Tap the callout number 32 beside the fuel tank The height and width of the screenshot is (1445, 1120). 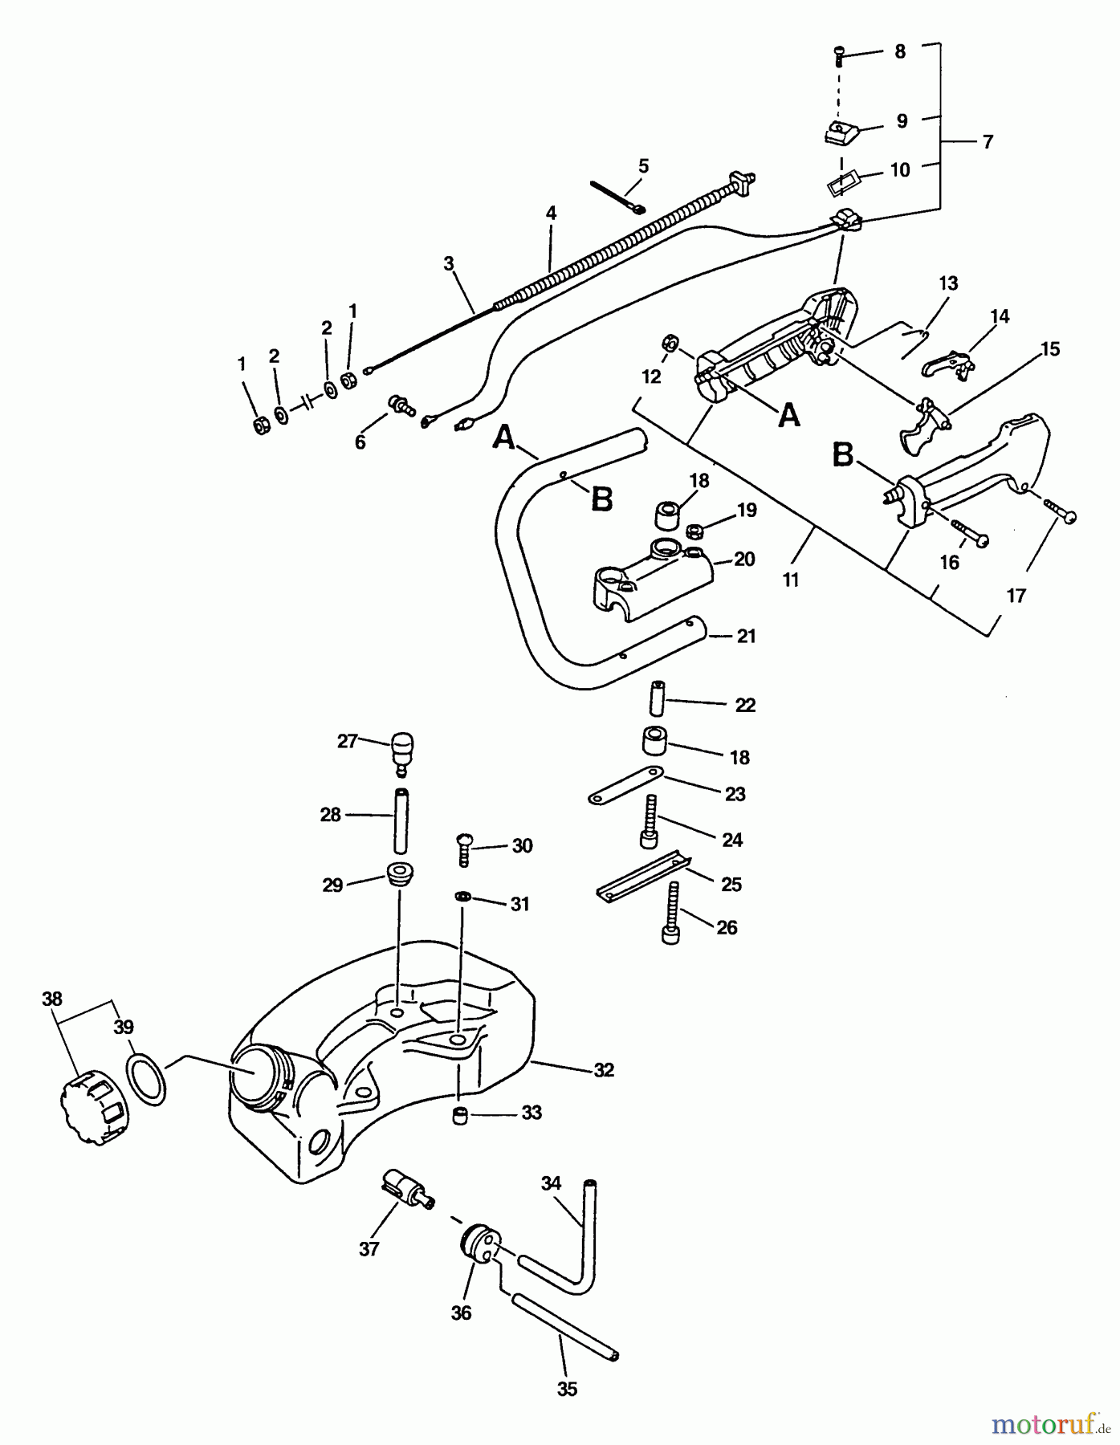(604, 1070)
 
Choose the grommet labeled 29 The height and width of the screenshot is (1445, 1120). (399, 873)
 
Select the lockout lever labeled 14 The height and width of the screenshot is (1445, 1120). (949, 362)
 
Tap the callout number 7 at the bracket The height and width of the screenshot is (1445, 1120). (988, 142)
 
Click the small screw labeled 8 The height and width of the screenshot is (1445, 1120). (837, 55)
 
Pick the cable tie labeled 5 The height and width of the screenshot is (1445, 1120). (618, 196)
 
